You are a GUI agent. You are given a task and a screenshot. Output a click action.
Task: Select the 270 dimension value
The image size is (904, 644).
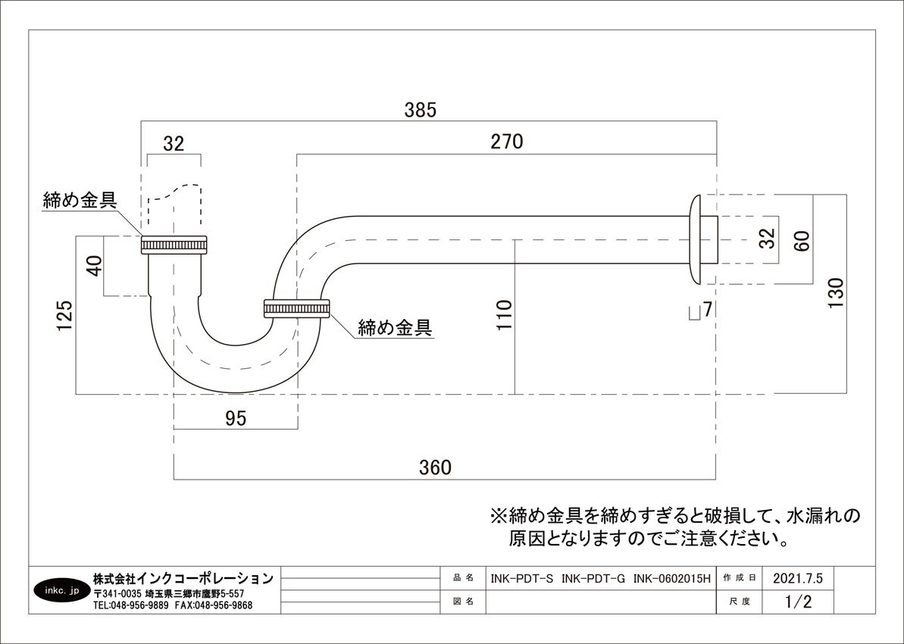(507, 142)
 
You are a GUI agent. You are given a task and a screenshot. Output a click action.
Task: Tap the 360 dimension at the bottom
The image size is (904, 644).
(435, 467)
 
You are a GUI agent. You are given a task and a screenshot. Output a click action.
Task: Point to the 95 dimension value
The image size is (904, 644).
(236, 418)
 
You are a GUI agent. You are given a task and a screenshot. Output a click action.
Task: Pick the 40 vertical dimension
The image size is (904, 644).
(93, 267)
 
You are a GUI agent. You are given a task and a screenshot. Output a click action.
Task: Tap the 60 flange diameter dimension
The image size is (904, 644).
(802, 241)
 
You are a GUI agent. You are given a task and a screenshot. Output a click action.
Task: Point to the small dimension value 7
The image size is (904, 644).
(707, 309)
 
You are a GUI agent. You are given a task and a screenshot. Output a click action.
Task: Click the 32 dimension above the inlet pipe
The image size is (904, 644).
(174, 144)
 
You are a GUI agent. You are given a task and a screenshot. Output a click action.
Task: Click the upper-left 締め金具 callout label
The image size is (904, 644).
(80, 201)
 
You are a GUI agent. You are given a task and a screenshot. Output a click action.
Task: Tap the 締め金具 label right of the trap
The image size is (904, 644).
(395, 328)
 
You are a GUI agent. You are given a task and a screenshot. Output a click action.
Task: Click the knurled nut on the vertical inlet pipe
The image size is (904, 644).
(174, 245)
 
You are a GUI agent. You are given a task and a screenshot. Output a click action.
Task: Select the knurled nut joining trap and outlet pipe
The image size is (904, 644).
(296, 308)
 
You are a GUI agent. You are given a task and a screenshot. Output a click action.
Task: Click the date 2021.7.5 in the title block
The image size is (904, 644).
(797, 579)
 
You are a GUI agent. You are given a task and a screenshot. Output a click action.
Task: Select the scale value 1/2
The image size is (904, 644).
(798, 602)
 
